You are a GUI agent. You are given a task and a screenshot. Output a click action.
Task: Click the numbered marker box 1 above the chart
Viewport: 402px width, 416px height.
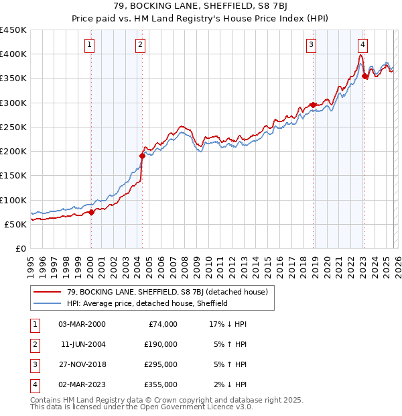coord(90,45)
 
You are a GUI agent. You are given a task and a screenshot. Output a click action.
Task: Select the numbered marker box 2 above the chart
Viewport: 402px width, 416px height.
coord(140,45)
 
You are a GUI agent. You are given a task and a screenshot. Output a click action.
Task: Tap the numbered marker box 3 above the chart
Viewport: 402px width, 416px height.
coord(312,45)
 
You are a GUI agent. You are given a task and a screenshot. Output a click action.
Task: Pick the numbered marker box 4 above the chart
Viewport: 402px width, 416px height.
coord(362,45)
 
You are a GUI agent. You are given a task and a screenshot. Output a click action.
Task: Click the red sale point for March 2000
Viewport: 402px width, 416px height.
coord(92,212)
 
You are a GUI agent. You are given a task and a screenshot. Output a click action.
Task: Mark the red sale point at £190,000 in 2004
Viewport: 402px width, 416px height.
coord(142,156)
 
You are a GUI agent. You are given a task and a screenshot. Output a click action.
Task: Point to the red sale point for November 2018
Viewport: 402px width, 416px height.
coord(313,105)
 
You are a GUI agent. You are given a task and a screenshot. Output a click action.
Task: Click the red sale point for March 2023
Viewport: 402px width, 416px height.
coord(364,76)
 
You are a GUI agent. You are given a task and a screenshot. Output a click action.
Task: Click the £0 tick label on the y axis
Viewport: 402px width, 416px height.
coord(21,248)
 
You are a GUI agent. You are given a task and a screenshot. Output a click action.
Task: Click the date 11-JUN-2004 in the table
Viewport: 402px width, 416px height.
coord(82,346)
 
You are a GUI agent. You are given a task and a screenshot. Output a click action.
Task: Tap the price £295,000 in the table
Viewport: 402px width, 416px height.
coord(161,365)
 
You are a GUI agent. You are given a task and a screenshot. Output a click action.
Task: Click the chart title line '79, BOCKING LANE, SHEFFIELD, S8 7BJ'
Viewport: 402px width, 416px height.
coord(200,8)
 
